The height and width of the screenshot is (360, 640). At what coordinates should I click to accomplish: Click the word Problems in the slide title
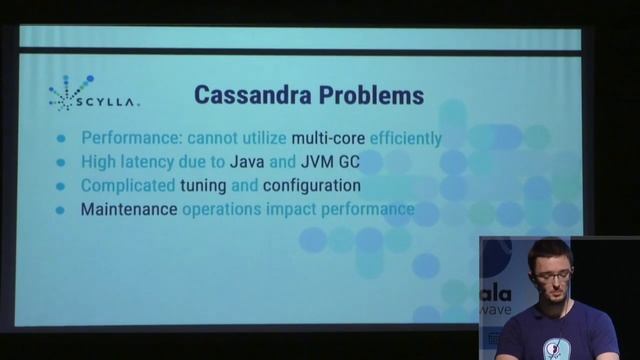[371, 96]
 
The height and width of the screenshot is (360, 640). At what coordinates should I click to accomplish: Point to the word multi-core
[327, 138]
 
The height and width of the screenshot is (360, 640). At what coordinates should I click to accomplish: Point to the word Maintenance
[128, 210]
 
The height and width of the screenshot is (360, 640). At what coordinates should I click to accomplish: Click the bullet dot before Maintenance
[61, 210]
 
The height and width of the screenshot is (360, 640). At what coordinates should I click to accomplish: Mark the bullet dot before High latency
[61, 162]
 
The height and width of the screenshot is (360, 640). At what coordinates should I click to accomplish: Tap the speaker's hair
[550, 251]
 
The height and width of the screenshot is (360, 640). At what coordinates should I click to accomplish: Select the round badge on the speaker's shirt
[552, 349]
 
